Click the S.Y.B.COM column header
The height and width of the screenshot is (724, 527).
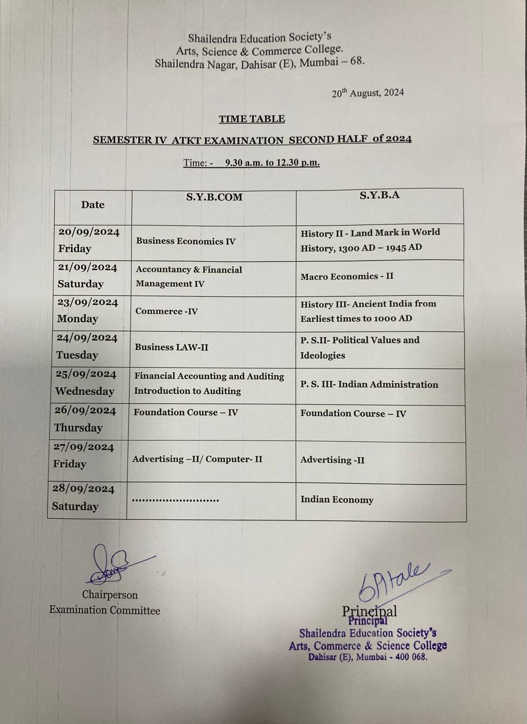click(x=214, y=197)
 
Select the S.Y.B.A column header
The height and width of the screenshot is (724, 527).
click(x=379, y=195)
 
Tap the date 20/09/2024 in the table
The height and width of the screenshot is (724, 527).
click(x=89, y=232)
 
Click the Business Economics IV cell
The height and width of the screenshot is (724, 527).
click(x=186, y=242)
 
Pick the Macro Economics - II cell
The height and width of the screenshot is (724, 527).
click(x=347, y=277)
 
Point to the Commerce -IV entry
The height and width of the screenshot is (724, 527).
click(x=166, y=312)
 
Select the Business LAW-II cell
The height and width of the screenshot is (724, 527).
click(x=171, y=347)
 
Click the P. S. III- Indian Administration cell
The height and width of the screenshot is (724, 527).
click(x=369, y=385)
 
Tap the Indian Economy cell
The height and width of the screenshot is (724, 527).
click(x=337, y=500)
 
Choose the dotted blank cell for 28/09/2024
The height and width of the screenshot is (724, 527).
click(x=175, y=501)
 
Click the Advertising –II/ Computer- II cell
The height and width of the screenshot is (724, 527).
click(x=197, y=459)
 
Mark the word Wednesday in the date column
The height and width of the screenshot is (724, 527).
click(x=84, y=391)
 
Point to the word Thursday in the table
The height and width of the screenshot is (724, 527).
click(x=78, y=428)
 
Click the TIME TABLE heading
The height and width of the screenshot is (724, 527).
click(x=252, y=119)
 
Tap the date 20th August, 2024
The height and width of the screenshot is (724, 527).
click(x=368, y=93)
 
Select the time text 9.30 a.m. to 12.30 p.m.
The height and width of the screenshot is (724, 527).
click(x=272, y=163)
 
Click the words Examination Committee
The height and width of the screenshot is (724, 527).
click(x=105, y=610)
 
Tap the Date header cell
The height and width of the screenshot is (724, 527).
click(x=93, y=205)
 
